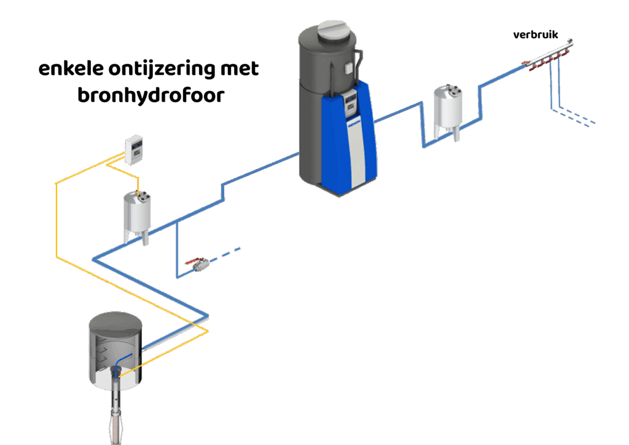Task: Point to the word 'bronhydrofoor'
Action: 150,96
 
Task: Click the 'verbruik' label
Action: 535,36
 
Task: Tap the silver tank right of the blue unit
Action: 447,109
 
